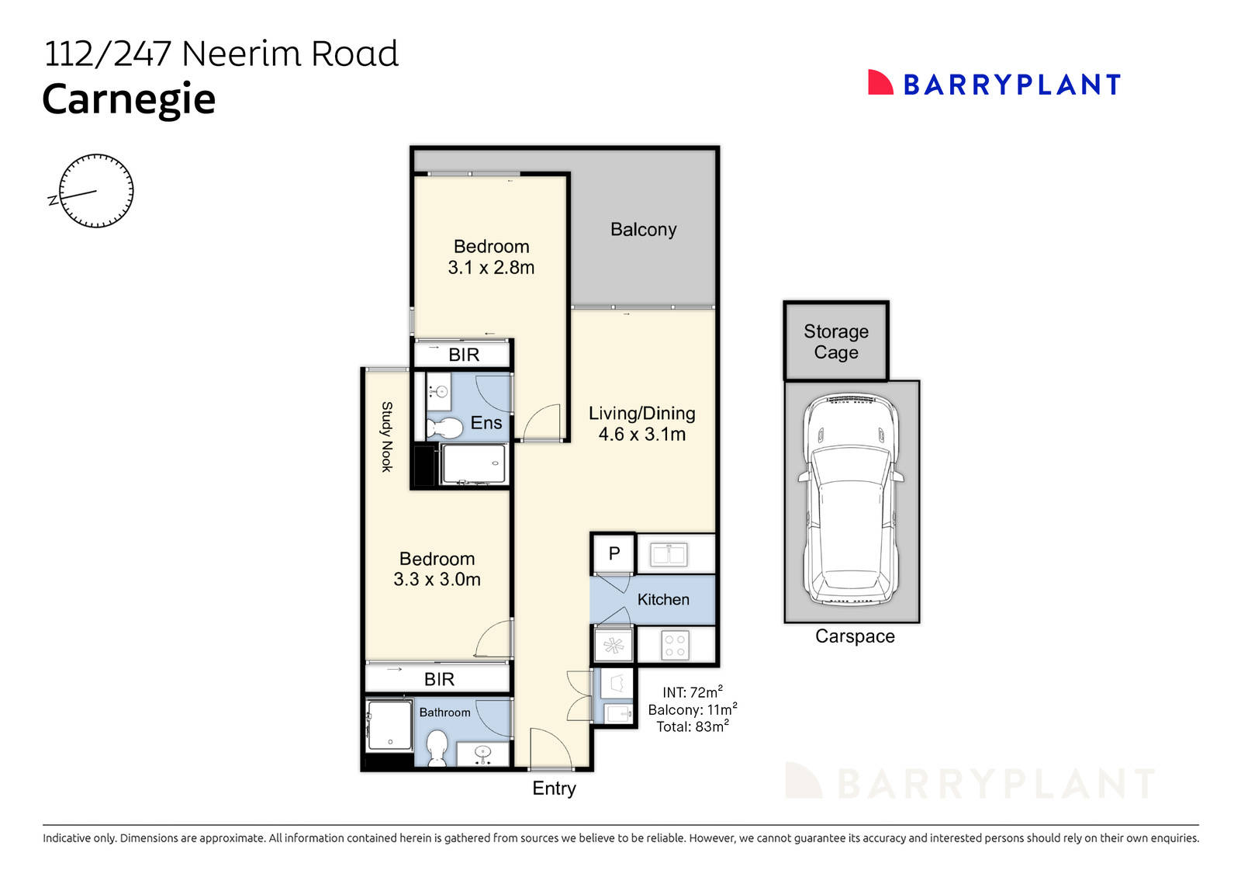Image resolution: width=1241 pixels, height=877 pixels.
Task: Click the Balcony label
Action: point(643,230)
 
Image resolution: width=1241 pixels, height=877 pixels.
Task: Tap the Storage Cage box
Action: point(835,341)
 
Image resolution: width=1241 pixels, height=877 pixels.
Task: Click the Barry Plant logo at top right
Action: point(994,84)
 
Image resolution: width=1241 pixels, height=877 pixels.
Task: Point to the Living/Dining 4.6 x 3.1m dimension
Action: point(641,435)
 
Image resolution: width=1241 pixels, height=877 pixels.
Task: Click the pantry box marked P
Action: point(614,553)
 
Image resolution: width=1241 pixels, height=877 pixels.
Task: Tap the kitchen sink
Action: point(669,555)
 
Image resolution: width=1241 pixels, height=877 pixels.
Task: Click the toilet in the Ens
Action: point(444,428)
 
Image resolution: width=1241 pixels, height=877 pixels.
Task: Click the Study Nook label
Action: point(386,436)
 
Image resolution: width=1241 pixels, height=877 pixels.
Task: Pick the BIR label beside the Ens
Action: point(464,355)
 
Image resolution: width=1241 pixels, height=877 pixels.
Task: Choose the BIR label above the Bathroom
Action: point(439,680)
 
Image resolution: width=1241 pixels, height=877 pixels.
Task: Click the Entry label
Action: point(554,789)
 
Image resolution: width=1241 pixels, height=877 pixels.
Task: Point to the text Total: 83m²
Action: point(692,727)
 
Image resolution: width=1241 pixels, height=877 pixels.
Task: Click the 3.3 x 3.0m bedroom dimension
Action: point(437,580)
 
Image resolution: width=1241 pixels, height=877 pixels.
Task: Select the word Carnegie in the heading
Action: point(129,100)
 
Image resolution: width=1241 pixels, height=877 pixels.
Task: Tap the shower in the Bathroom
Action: point(389,726)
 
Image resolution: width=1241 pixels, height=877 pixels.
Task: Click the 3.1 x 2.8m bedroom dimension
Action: point(491,268)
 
